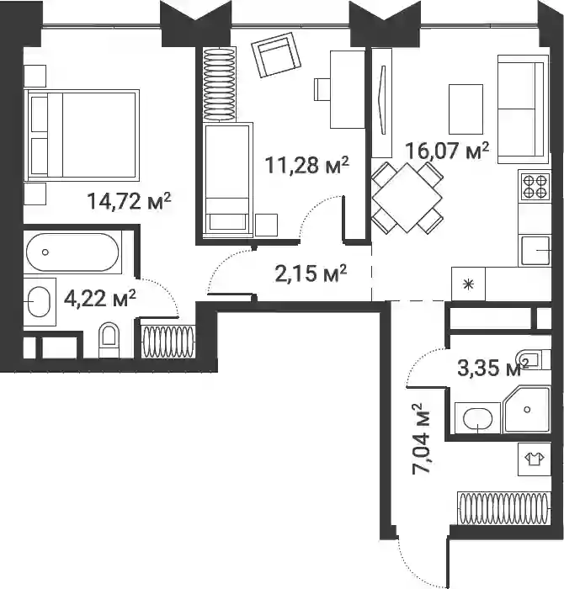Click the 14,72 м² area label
pyautogui.click(x=129, y=200)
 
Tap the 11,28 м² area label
pyautogui.click(x=307, y=165)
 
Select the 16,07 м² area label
pyautogui.click(x=447, y=151)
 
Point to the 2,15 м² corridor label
pyautogui.click(x=311, y=273)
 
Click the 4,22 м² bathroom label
pyautogui.click(x=100, y=298)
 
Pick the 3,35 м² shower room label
pyautogui.click(x=493, y=368)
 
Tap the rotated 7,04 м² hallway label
pyautogui.click(x=422, y=438)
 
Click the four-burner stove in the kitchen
pyautogui.click(x=535, y=187)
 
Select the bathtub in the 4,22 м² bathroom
pyautogui.click(x=72, y=252)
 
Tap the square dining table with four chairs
pyautogui.click(x=407, y=198)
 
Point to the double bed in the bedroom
pyautogui.click(x=82, y=133)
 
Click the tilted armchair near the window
pyautogui.click(x=277, y=55)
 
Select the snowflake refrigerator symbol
pyautogui.click(x=468, y=284)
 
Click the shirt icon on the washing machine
pyautogui.click(x=535, y=459)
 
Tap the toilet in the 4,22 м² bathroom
pyautogui.click(x=109, y=340)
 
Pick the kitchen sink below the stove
pyautogui.click(x=535, y=251)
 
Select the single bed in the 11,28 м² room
pyautogui.click(x=227, y=179)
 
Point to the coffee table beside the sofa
pyautogui.click(x=466, y=109)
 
